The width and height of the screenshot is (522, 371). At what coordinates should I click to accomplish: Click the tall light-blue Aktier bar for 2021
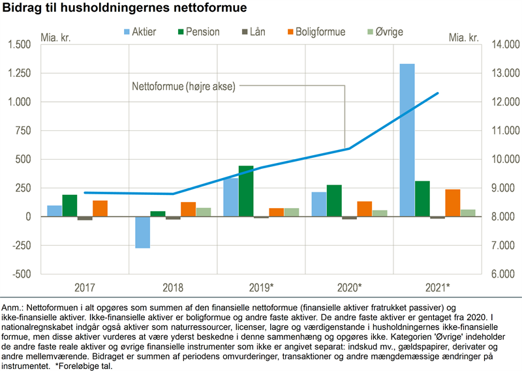[407, 140]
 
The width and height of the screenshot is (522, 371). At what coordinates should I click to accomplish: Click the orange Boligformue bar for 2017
[100, 208]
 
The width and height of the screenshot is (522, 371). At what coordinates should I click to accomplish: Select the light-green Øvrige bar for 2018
[185, 212]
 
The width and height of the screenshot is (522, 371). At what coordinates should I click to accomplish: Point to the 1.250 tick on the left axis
[18, 73]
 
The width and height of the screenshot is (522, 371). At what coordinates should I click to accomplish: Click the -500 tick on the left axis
[22, 274]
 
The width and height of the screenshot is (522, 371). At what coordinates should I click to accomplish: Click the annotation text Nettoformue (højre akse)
[183, 86]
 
